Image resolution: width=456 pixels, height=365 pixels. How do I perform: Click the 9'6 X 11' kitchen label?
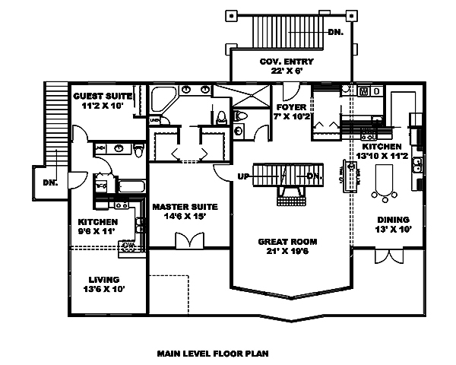coord(97,227)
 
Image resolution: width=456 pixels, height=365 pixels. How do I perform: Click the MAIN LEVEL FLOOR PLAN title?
coord(213,353)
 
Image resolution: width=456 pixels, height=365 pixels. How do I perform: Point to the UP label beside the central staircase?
coord(244,176)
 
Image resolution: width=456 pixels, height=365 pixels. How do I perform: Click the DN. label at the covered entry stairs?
coord(335,33)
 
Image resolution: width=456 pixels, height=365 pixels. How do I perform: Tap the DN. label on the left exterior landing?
coord(50,182)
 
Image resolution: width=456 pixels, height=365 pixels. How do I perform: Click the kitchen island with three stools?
coord(386,179)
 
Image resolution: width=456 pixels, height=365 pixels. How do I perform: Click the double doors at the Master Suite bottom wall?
coord(189,240)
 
